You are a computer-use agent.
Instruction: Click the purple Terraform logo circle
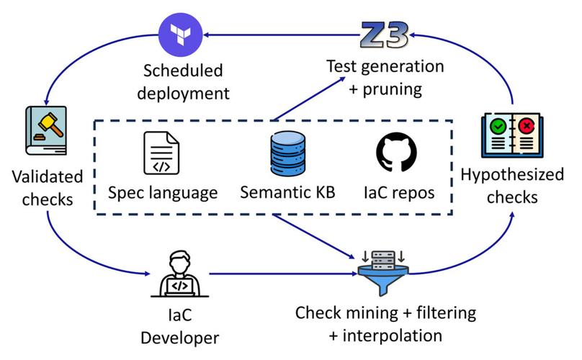(x=176, y=32)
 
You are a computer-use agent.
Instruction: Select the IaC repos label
(x=395, y=192)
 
